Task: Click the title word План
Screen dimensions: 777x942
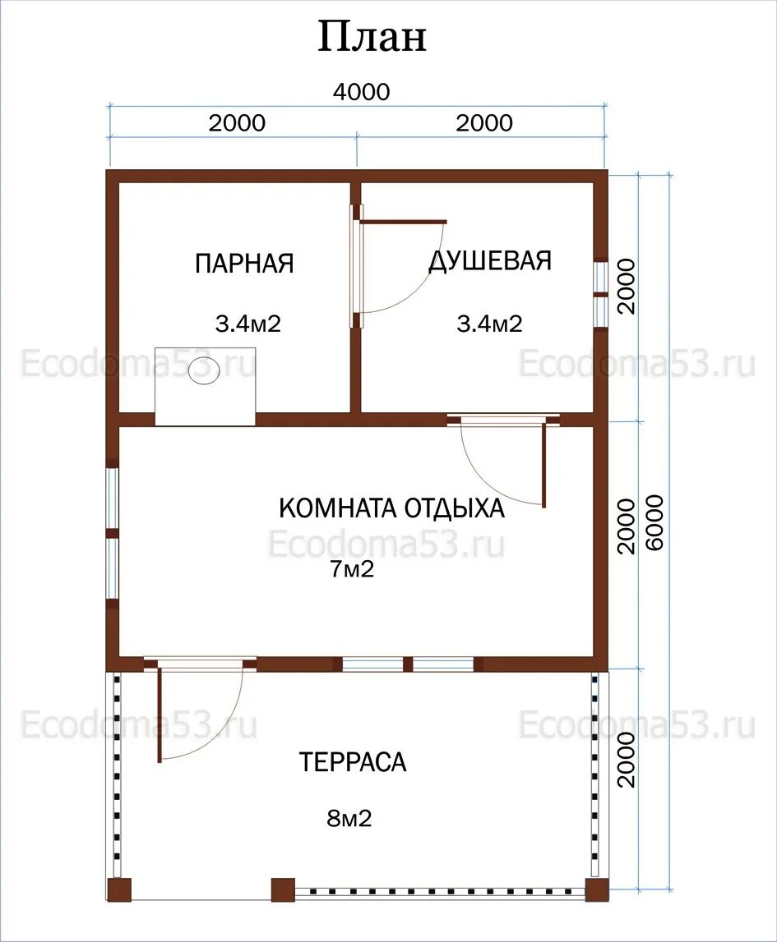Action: tap(372, 36)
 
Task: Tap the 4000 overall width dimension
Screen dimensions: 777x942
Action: tap(362, 92)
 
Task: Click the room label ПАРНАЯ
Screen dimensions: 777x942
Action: tap(244, 263)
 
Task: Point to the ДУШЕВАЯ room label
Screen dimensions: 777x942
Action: tap(490, 260)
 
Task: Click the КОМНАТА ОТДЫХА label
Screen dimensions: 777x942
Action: tap(391, 508)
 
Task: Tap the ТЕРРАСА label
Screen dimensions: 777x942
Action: tap(353, 762)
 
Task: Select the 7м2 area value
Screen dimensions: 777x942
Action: tap(352, 568)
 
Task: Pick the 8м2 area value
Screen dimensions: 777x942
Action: tap(349, 818)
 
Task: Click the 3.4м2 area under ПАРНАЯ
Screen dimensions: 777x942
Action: tap(247, 324)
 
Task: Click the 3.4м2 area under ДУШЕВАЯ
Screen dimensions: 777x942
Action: tap(489, 324)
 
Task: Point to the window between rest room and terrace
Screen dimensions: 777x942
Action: tap(409, 664)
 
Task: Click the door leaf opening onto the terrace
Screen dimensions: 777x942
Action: tap(160, 713)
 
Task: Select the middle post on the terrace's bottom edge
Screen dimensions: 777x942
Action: tap(283, 889)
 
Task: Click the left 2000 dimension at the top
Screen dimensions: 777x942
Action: tap(237, 123)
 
